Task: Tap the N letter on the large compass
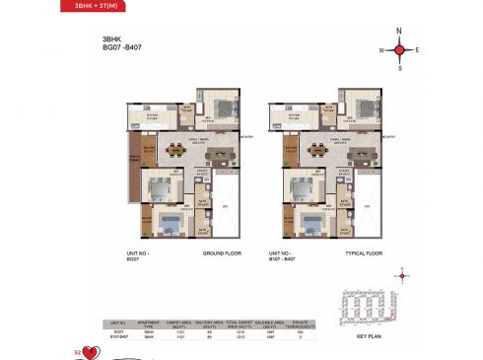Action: [399, 30]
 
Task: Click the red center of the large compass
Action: [399, 48]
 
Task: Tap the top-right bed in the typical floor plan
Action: [362, 108]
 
